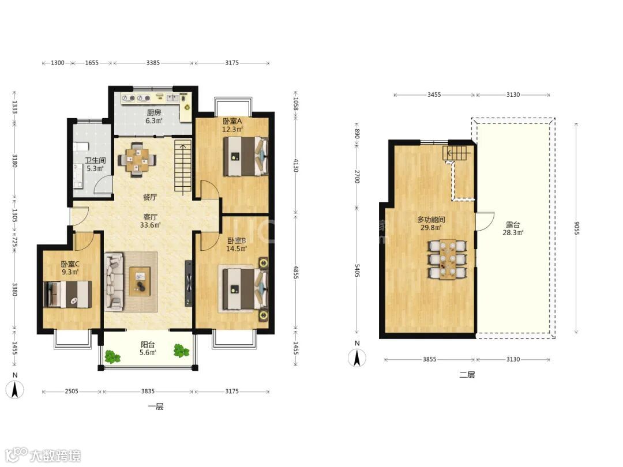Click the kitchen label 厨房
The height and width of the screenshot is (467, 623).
[154, 113]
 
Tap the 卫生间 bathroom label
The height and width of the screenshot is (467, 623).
[95, 160]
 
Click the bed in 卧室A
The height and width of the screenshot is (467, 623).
[246, 156]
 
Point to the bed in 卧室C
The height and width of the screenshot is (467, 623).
[67, 294]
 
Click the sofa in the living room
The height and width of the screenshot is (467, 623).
[114, 282]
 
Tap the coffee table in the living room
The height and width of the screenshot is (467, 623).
[140, 281]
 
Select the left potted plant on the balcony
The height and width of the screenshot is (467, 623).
[112, 356]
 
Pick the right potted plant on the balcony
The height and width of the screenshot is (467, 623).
[181, 351]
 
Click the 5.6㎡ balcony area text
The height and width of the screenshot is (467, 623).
[148, 353]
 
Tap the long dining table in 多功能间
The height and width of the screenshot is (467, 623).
[448, 259]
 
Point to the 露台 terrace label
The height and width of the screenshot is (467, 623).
[513, 225]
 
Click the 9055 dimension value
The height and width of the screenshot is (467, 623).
[577, 228]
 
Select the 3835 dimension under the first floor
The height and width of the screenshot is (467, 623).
[148, 391]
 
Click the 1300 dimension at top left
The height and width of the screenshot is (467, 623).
[58, 63]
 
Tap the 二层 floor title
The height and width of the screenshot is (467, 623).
[467, 375]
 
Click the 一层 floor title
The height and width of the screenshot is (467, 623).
[155, 406]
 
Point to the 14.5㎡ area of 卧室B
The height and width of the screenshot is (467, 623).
[236, 249]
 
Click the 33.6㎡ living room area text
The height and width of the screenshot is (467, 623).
[150, 225]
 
